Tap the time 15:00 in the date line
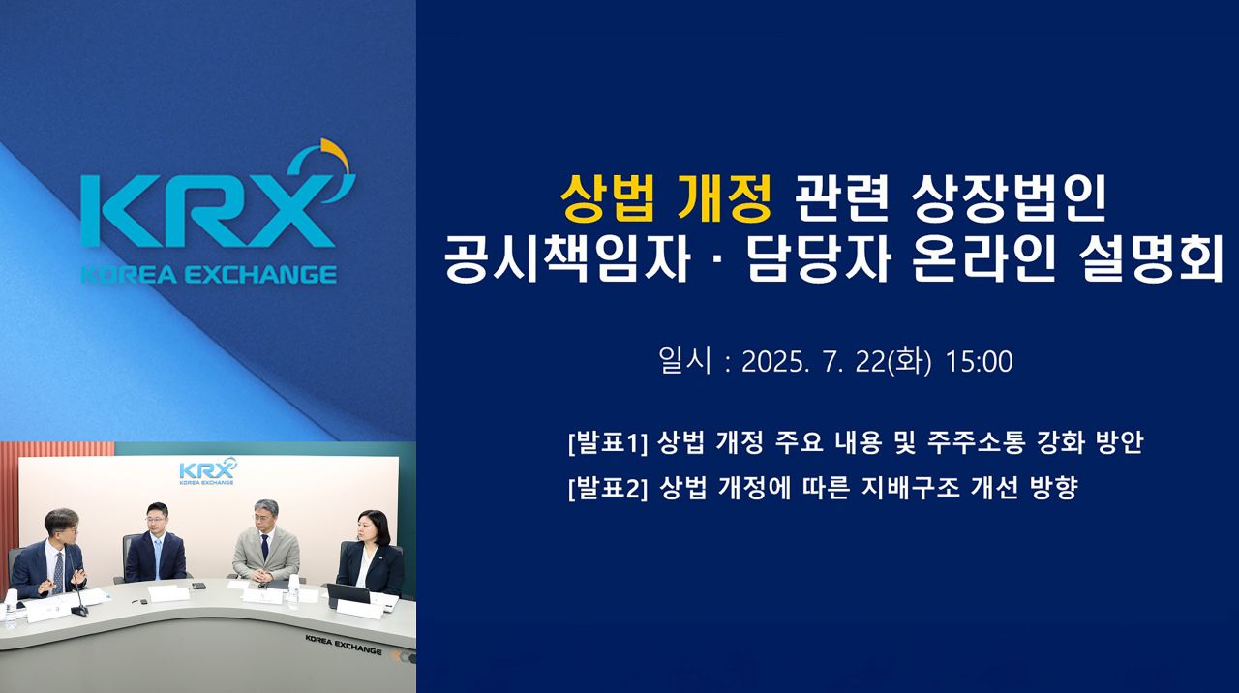tap(979, 362)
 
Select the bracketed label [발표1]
tap(607, 443)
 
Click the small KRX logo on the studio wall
tap(206, 473)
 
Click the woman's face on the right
tap(371, 528)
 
